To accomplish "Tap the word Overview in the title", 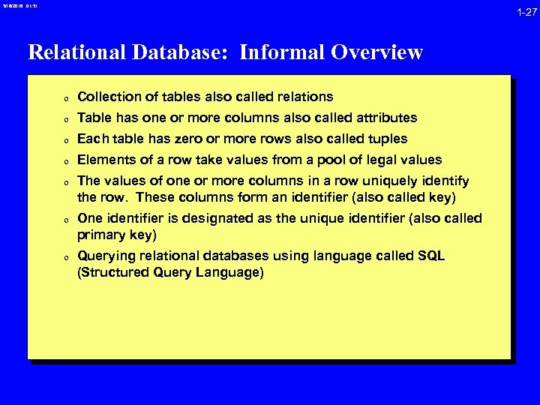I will click(380, 52).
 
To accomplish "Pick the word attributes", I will click(384, 118).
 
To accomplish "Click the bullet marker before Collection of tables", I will click(66, 97).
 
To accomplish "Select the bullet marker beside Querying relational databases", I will click(66, 257).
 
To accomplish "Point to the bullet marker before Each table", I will click(66, 139).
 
